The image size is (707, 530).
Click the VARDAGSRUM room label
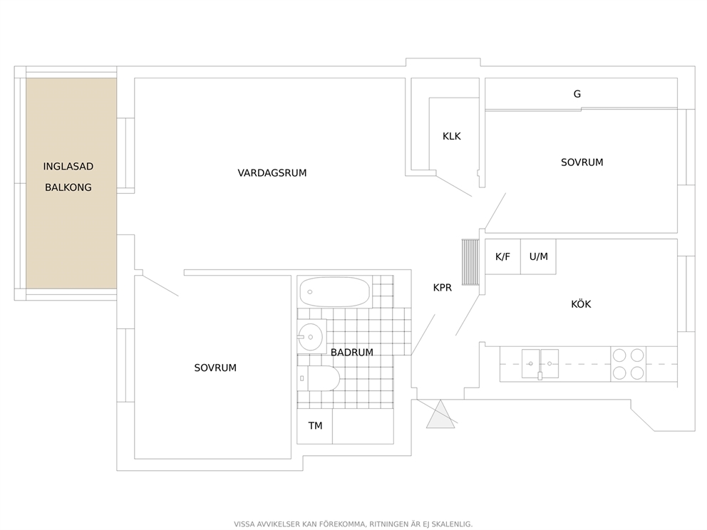[272, 173]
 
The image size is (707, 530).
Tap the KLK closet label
[451, 136]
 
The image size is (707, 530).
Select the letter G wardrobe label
[577, 94]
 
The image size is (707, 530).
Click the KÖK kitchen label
[581, 303]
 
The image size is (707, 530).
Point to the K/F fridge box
[502, 256]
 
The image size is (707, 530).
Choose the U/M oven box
[538, 256]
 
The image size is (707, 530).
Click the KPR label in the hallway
[443, 288]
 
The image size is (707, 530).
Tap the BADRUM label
[351, 353]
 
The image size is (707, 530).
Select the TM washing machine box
[315, 426]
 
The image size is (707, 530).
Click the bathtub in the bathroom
[334, 292]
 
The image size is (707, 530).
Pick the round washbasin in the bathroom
[310, 337]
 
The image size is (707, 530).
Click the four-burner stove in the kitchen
[628, 364]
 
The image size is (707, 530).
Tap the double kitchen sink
[540, 364]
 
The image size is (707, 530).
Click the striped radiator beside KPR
[470, 262]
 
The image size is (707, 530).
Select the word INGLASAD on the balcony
[68, 166]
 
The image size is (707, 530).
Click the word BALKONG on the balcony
[68, 187]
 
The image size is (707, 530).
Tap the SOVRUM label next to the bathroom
[215, 368]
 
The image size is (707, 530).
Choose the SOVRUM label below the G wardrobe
[582, 162]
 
